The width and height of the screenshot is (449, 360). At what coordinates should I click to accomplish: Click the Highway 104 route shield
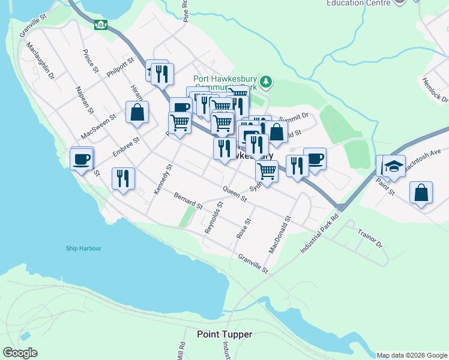tap(101, 25)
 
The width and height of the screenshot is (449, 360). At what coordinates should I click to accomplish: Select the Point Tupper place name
tap(224, 334)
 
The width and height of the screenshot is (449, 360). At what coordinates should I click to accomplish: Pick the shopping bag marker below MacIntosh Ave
tap(421, 193)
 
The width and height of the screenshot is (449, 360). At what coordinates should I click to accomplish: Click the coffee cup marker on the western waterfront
tap(81, 159)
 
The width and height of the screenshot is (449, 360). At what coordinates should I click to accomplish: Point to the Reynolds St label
tap(214, 217)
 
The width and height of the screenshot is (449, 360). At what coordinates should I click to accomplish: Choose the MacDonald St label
tap(280, 235)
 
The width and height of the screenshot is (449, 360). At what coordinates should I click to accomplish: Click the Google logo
tap(20, 353)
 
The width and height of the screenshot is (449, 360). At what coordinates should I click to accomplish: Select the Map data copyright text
tap(412, 355)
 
